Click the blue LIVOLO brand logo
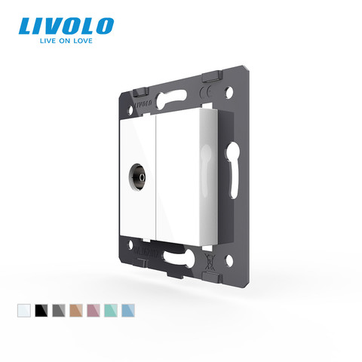pos(66,26)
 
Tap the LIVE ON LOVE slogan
pos(66,41)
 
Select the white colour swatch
pos(24,310)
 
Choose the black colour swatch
pos(41,310)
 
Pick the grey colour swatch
pos(59,310)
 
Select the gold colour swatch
pos(76,310)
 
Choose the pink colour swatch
pos(94,310)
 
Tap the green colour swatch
pos(111,310)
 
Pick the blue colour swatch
pos(128,310)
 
